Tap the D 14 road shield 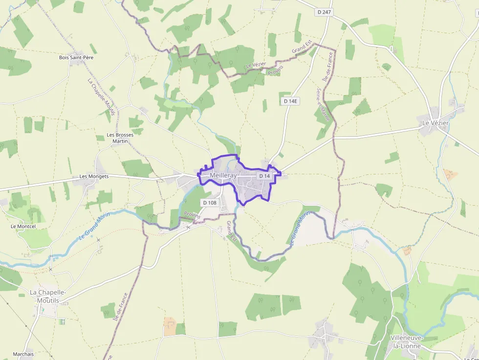tap(264, 176)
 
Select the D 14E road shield tap(290, 101)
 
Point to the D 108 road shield tap(209, 203)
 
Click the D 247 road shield tap(324, 12)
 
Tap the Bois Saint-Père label tap(76, 58)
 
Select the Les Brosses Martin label tap(120, 138)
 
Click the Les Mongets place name tap(94, 176)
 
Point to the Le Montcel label tap(23, 227)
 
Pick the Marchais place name tap(23, 354)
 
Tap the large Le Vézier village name tap(435, 123)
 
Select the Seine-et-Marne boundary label tap(323, 105)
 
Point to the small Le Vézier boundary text tap(256, 64)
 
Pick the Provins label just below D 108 tap(192, 215)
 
